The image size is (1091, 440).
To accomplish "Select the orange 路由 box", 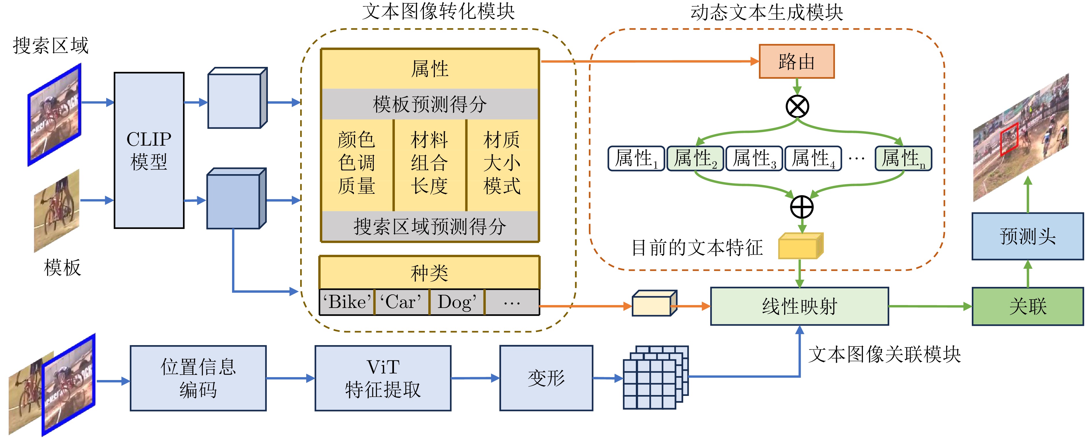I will (796, 62).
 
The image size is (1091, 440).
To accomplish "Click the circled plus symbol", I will (802, 207).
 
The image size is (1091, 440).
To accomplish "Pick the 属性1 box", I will (636, 159).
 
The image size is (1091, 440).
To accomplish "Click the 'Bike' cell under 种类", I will (347, 302).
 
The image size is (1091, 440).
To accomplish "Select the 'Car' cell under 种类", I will (401, 302).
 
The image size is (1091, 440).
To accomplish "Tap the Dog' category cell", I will (457, 302).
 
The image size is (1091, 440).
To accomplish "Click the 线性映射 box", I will (799, 306).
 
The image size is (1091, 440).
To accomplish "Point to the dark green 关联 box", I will (1028, 306).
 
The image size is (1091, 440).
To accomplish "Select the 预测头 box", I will (1028, 236).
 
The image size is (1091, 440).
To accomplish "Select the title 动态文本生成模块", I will (767, 13).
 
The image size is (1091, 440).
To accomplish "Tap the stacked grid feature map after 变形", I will (654, 378).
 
